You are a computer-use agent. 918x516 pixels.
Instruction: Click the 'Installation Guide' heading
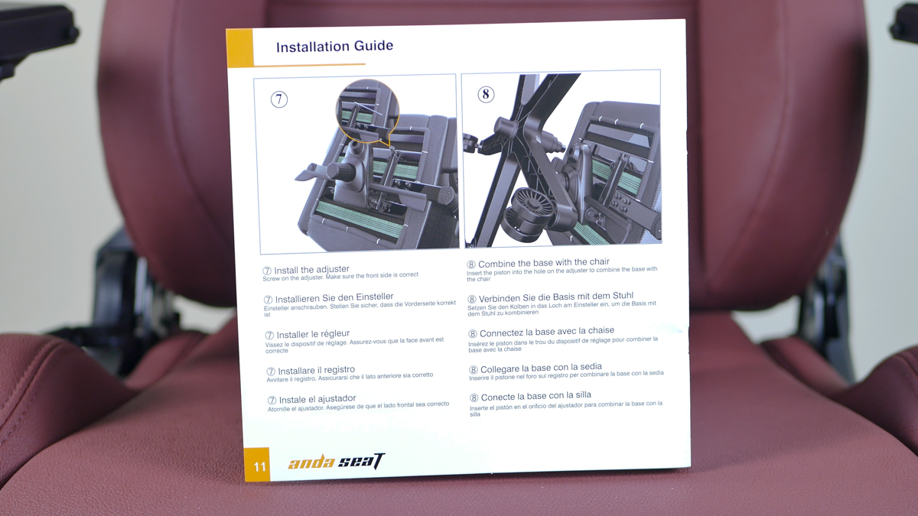tap(334, 47)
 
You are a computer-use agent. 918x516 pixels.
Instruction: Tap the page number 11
tap(259, 466)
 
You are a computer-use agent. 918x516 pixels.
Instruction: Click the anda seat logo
tap(336, 462)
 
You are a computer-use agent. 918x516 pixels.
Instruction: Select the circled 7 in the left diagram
tap(279, 99)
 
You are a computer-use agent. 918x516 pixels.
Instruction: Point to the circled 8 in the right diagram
tap(486, 95)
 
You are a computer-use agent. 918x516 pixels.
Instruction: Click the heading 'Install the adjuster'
tap(311, 270)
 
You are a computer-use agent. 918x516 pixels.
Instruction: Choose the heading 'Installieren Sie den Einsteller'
tap(334, 297)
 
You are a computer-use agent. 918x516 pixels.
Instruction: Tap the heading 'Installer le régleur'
tap(313, 334)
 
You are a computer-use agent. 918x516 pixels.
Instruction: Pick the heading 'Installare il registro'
tap(316, 371)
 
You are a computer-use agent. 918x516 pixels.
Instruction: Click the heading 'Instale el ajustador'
tap(317, 399)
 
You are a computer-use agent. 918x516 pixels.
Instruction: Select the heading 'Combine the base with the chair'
tap(543, 262)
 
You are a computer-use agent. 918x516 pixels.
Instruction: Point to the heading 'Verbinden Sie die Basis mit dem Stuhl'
tap(555, 297)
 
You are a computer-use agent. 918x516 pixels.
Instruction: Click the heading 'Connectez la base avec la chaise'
tap(547, 332)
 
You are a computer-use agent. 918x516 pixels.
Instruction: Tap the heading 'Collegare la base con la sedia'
tap(541, 368)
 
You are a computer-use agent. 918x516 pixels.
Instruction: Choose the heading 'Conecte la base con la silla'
tap(536, 396)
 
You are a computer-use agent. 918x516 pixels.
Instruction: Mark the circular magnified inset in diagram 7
tap(367, 112)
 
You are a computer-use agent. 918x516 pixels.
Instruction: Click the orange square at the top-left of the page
tap(239, 47)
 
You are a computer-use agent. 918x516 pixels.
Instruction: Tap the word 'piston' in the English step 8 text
tap(501, 272)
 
